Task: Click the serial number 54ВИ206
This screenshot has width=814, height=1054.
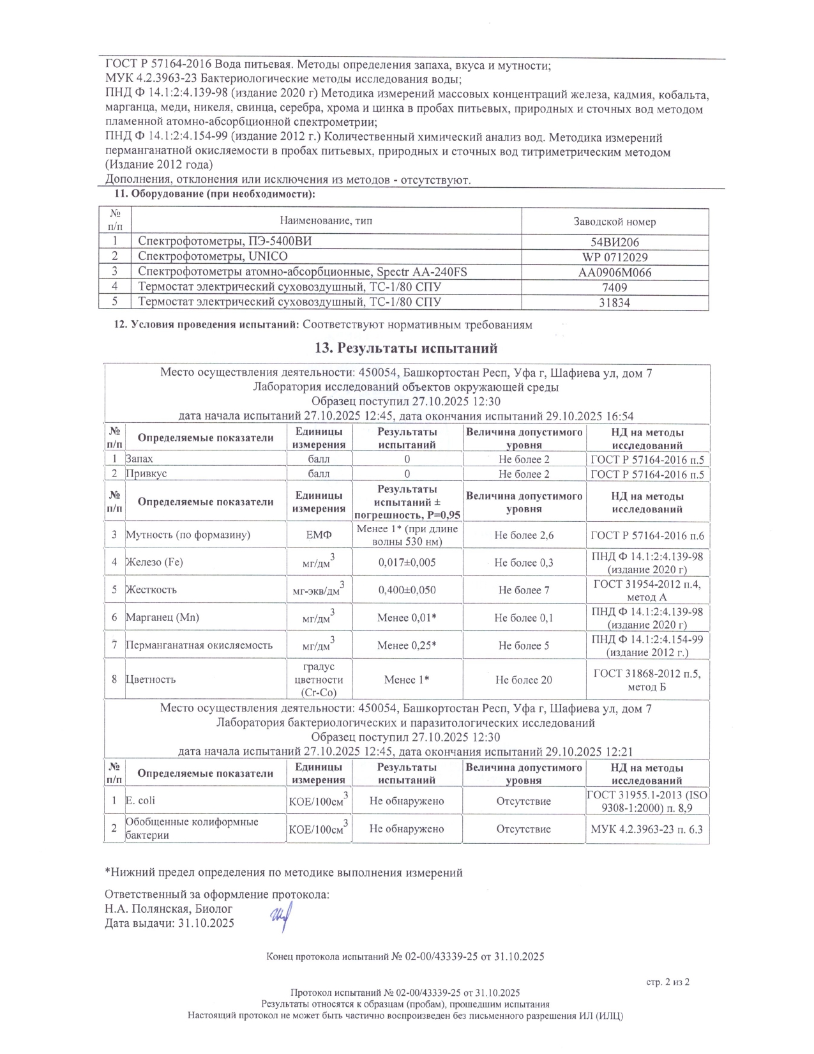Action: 615,242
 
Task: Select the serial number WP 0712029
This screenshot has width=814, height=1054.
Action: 615,257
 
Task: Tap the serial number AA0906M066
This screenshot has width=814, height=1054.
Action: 615,273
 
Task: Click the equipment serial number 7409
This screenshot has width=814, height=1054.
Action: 615,287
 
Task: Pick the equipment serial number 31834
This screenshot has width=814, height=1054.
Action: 615,303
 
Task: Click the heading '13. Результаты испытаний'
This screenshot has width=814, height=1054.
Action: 406,348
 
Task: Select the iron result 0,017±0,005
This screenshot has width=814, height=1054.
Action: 407,563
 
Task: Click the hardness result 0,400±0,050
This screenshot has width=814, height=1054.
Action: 407,590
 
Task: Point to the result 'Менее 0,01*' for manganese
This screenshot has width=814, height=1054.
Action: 407,618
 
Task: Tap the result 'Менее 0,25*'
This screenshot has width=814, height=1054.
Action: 407,646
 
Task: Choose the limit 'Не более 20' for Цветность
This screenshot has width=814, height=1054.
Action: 524,680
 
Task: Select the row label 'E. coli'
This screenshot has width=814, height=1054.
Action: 140,800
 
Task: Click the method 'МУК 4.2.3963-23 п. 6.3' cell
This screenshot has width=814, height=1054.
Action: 647,829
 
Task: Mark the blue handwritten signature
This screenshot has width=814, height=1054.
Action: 281,919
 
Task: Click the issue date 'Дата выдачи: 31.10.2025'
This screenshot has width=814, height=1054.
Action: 169,923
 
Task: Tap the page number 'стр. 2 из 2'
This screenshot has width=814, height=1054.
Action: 668,982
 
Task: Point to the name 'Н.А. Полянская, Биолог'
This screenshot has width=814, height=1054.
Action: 169,908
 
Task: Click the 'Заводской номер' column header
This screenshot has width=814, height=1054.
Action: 615,222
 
